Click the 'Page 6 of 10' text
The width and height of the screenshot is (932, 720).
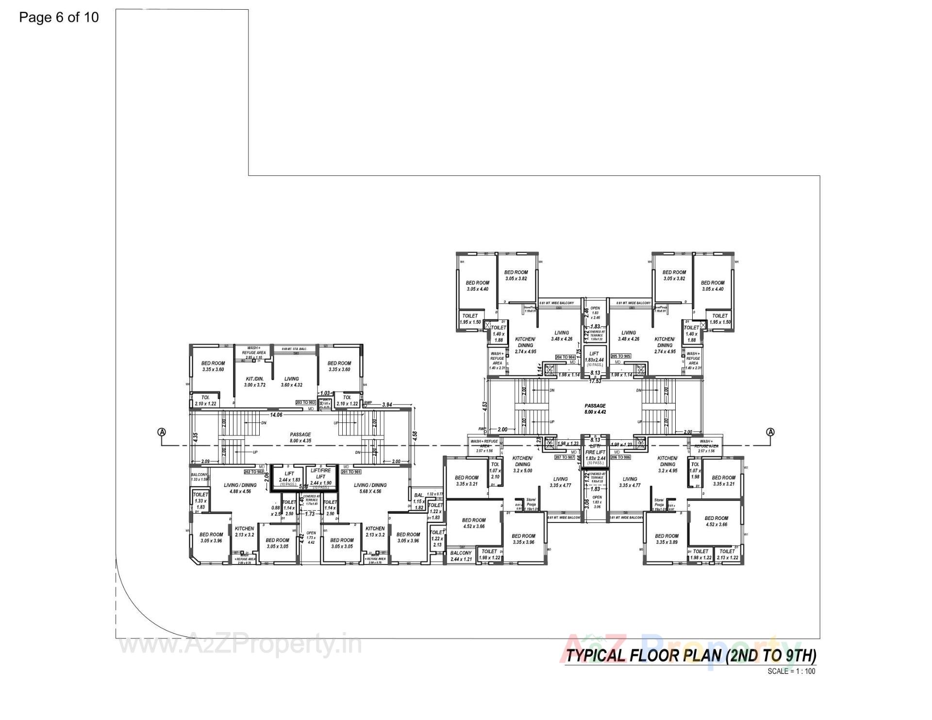[x=59, y=17]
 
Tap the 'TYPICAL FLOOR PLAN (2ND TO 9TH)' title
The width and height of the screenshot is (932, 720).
[x=691, y=655]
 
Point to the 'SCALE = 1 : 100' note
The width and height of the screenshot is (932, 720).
[x=791, y=671]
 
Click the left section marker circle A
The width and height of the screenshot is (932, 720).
[x=162, y=432]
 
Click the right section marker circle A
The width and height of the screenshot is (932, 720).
[x=770, y=432]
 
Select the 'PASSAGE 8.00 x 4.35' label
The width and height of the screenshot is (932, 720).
[x=300, y=437]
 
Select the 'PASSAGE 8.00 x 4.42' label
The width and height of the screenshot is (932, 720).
[x=595, y=409]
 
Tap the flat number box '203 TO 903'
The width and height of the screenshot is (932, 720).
[x=306, y=402]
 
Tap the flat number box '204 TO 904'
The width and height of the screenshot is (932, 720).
[x=565, y=357]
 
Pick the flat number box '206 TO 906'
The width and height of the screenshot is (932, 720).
[x=621, y=457]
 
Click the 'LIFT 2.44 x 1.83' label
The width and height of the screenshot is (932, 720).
[x=289, y=477]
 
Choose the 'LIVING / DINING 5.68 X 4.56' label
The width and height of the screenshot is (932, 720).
[x=370, y=488]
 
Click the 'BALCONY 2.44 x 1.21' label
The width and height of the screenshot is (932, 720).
[x=461, y=556]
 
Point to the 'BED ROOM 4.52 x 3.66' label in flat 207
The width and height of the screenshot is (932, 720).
[x=474, y=523]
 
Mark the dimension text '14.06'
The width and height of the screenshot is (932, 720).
[x=276, y=415]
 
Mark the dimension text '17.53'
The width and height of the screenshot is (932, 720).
[x=596, y=381]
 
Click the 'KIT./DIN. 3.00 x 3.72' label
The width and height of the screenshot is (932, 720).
[x=254, y=382]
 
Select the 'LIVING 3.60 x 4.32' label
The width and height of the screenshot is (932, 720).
[x=292, y=382]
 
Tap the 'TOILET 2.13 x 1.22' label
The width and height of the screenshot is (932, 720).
[x=727, y=554]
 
